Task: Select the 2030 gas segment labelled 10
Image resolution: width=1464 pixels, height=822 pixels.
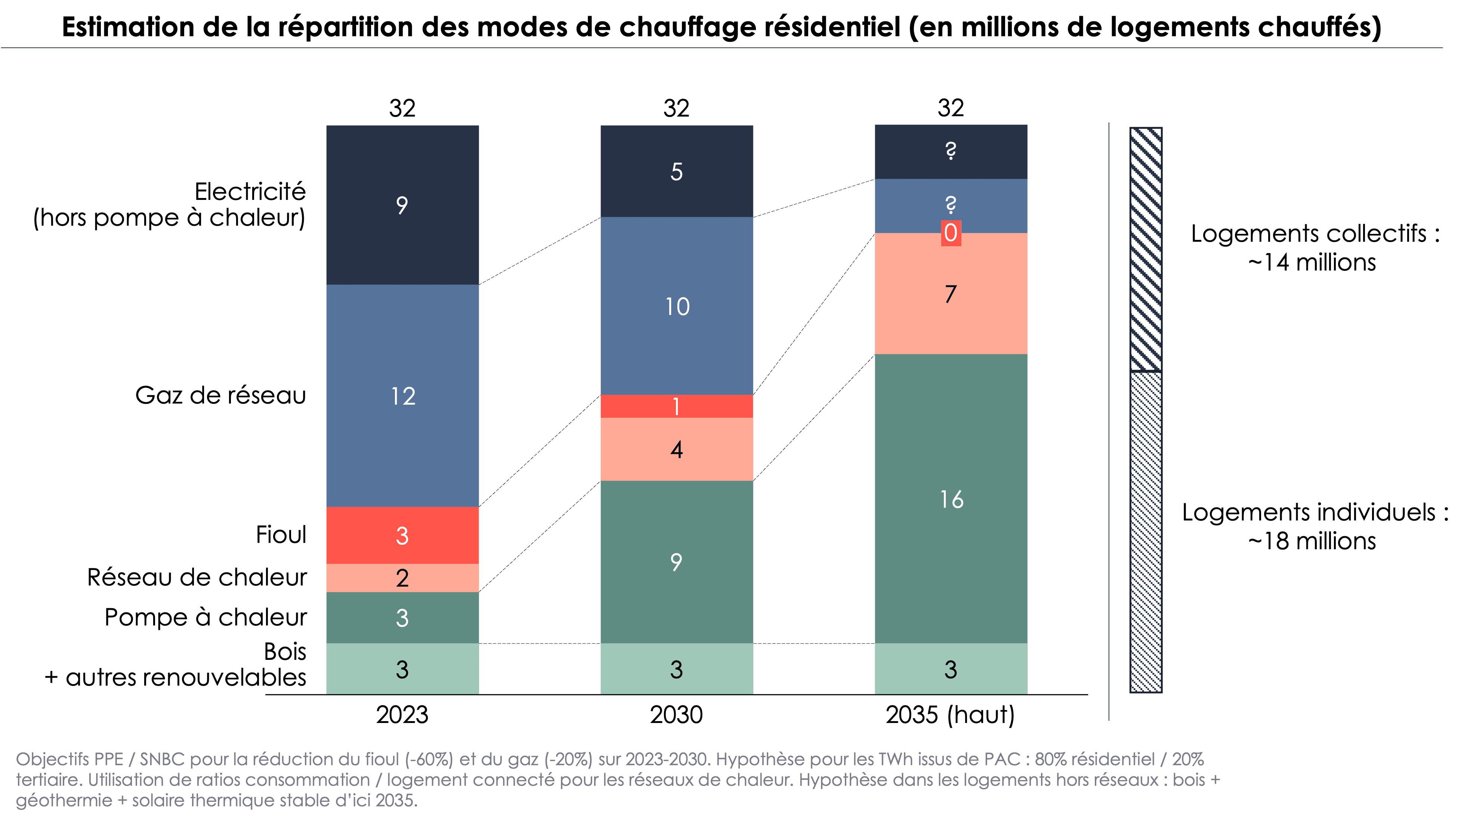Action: (x=676, y=306)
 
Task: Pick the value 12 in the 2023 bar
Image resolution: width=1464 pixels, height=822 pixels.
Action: (x=403, y=396)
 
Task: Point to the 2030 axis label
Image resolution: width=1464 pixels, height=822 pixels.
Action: (x=676, y=714)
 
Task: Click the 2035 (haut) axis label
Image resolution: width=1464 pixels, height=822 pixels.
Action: (x=950, y=714)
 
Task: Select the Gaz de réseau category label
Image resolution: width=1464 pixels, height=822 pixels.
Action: (x=220, y=395)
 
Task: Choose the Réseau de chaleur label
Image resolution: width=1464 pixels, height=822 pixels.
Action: (x=197, y=577)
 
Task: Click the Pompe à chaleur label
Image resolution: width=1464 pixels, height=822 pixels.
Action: (x=206, y=617)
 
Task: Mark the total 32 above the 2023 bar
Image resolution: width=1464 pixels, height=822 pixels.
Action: (x=402, y=108)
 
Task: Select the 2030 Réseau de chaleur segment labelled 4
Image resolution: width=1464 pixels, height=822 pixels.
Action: (x=676, y=449)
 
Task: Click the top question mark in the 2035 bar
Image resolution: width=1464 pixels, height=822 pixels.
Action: (x=950, y=151)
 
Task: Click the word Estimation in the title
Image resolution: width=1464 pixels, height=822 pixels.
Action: (x=127, y=27)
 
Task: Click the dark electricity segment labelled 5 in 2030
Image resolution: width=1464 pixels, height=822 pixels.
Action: (x=676, y=171)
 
